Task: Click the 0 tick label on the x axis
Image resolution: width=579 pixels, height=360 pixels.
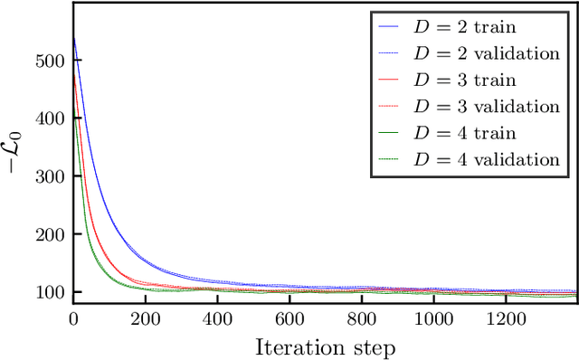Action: (x=73, y=318)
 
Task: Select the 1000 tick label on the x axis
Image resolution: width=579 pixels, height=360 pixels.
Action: (x=433, y=318)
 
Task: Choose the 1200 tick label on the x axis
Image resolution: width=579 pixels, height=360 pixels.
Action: (x=506, y=318)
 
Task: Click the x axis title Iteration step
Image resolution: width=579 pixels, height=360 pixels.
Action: (x=326, y=346)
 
